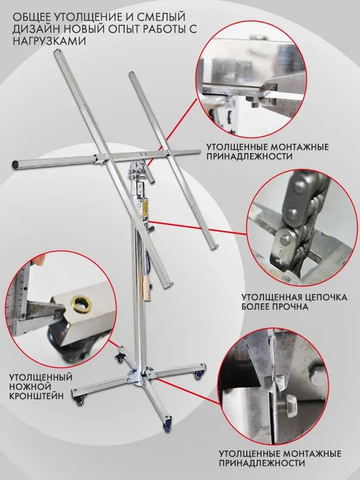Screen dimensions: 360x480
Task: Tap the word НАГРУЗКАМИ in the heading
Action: tap(49, 40)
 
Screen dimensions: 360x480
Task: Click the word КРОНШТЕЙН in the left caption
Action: tap(36, 396)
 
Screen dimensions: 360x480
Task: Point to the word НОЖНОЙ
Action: tap(30, 387)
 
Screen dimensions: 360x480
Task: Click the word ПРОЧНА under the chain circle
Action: tap(290, 306)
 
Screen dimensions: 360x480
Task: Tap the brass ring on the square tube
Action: tap(81, 304)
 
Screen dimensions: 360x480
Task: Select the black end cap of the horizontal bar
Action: tap(15, 165)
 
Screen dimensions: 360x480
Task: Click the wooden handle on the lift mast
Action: tap(147, 287)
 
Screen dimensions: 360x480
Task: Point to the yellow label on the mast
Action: tap(146, 206)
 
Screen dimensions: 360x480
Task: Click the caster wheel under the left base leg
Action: tap(80, 401)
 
